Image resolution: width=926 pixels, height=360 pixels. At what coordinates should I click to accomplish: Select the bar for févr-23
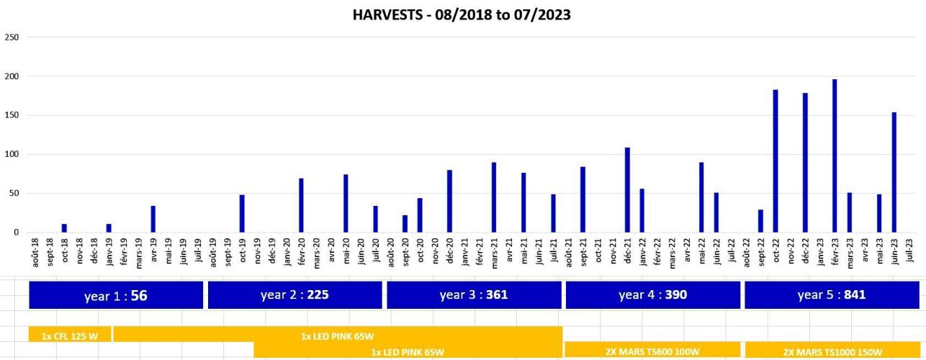(835, 156)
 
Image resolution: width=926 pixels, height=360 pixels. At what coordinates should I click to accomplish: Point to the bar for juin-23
(894, 171)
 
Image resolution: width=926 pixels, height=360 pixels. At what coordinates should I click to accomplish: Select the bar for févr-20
(301, 205)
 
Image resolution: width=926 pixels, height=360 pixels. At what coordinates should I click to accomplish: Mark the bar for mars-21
(494, 197)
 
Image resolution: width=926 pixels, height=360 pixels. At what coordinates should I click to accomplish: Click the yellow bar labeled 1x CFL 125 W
(70, 336)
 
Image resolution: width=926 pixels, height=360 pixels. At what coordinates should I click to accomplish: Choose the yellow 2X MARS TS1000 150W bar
(832, 351)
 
